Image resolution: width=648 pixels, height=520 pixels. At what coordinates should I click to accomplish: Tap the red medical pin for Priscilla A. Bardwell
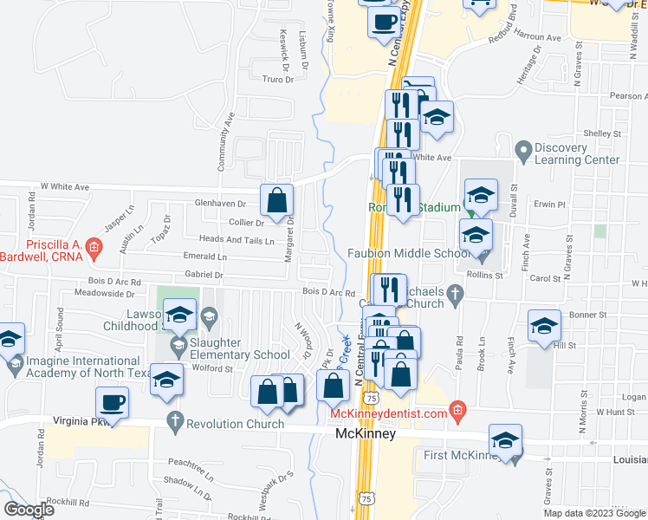(x=95, y=250)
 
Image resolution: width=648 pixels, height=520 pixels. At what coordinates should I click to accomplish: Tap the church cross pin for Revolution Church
(x=175, y=423)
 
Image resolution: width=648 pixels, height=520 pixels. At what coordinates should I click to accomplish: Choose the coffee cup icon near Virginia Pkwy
(x=113, y=402)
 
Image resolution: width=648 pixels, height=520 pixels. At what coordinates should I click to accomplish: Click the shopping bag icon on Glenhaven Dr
(x=275, y=200)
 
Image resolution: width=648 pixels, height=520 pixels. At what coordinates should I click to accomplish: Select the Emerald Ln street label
(x=204, y=257)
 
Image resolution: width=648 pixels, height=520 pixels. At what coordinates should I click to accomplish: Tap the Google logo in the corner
(x=29, y=510)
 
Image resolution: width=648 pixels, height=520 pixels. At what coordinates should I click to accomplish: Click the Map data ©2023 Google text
(x=593, y=513)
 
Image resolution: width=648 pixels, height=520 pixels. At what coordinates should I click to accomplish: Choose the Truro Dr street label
(x=278, y=79)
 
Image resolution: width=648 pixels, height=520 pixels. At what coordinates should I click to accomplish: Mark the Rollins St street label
(x=486, y=275)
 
